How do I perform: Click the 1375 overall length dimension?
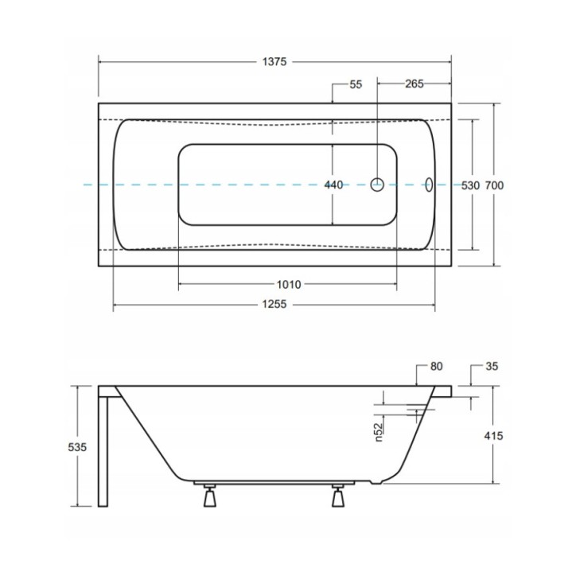(274, 62)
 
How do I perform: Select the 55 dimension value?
(356, 84)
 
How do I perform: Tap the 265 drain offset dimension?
(414, 84)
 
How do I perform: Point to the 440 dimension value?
(333, 185)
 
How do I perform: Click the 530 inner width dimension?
(470, 185)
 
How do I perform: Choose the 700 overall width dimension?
(494, 185)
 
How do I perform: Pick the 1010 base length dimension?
(289, 284)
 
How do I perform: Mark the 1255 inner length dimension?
(274, 304)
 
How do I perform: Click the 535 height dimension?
(77, 447)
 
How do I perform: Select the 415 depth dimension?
(493, 436)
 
